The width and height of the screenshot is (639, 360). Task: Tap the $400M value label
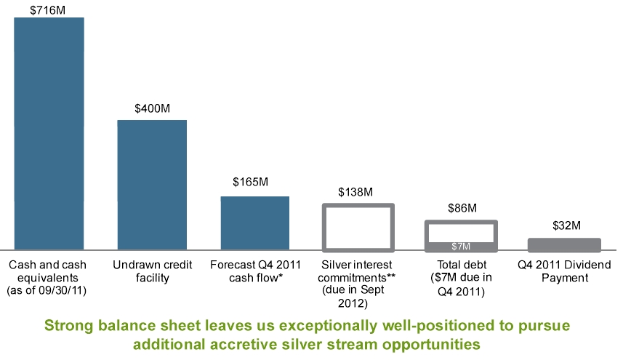tap(153, 108)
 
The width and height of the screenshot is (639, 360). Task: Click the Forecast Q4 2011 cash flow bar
tap(255, 223)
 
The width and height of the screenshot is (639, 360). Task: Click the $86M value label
tap(462, 208)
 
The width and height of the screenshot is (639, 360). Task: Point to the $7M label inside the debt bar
tap(461, 247)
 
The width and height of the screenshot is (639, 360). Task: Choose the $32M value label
tap(564, 225)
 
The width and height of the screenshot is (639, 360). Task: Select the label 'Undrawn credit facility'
tap(151, 271)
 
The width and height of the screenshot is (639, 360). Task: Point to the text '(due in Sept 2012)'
tap(357, 297)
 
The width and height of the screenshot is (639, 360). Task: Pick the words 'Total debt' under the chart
tap(462, 265)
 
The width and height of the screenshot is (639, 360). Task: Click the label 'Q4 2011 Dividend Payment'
tap(564, 271)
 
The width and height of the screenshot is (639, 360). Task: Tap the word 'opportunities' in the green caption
tap(445, 343)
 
